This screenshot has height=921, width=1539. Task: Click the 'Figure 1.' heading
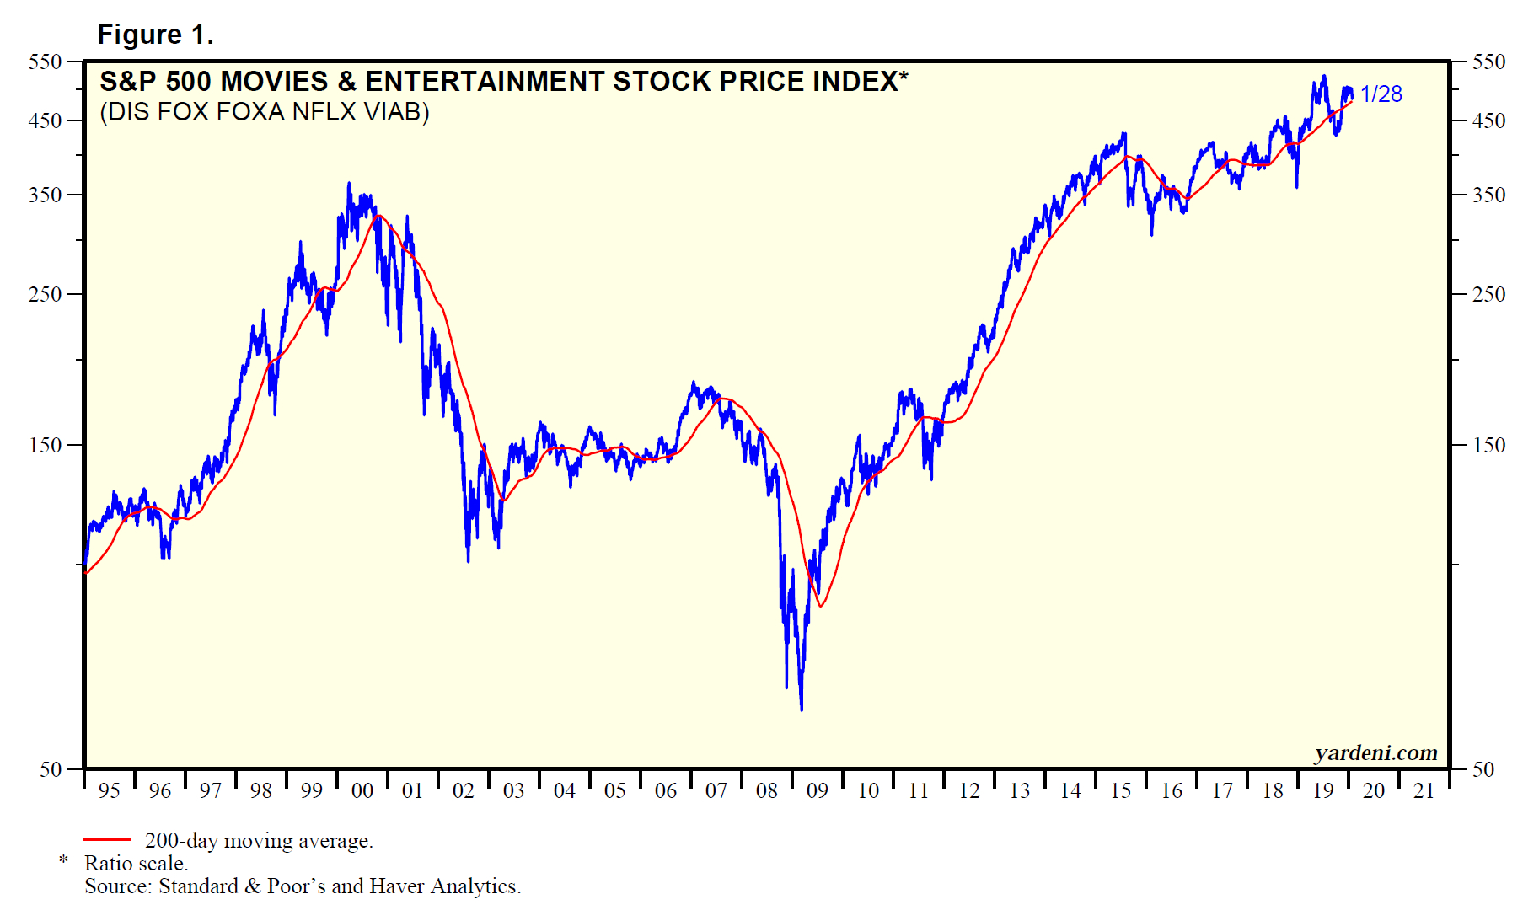pos(155,35)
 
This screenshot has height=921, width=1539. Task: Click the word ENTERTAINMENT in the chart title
pos(485,82)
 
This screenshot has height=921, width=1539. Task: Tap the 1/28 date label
pos(1381,94)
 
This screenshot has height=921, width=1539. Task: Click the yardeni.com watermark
pos(1375,752)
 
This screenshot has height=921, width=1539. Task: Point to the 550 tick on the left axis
pos(46,62)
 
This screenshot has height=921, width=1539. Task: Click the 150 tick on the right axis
pos(1488,445)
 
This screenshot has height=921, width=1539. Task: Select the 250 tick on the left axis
pos(46,294)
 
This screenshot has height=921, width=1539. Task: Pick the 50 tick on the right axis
pos(1483,769)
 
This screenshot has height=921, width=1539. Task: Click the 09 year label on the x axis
pos(817,790)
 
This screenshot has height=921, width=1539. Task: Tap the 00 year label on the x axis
pos(362,790)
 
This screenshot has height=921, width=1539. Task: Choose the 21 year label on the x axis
pos(1424,790)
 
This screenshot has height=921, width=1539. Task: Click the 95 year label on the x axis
pos(109,790)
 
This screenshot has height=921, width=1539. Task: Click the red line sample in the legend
pos(107,840)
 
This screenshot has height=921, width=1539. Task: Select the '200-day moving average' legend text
pos(259,841)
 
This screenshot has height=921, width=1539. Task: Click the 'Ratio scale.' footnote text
pos(136,864)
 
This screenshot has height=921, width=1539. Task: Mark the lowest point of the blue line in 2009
pos(801,710)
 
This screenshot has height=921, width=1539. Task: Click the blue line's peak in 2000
pos(349,183)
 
